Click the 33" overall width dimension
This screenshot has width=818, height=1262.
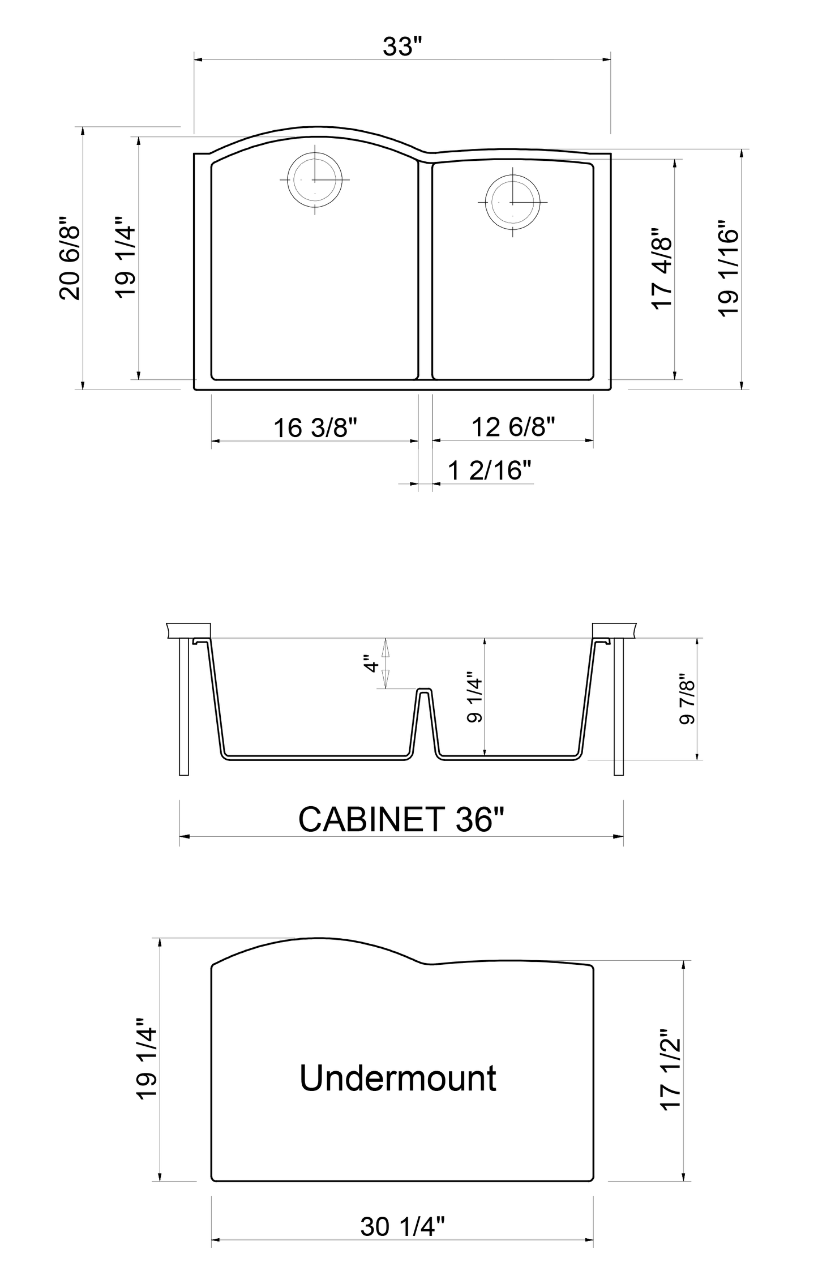tap(402, 46)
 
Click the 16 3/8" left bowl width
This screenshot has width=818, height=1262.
tap(315, 428)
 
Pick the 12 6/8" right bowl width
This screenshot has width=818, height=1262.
tap(513, 426)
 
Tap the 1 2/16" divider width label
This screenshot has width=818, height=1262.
tap(490, 470)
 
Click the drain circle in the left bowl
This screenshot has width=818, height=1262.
tap(315, 179)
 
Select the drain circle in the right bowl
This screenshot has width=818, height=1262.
tap(512, 202)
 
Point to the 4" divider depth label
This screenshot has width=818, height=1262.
tap(371, 663)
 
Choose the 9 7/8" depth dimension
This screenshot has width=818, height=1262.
tap(687, 699)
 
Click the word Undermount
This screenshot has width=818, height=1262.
tap(398, 1078)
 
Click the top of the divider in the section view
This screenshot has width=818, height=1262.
tap(424, 690)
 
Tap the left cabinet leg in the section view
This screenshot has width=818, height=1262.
tap(184, 705)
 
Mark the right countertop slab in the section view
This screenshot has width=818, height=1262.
tap(614, 630)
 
